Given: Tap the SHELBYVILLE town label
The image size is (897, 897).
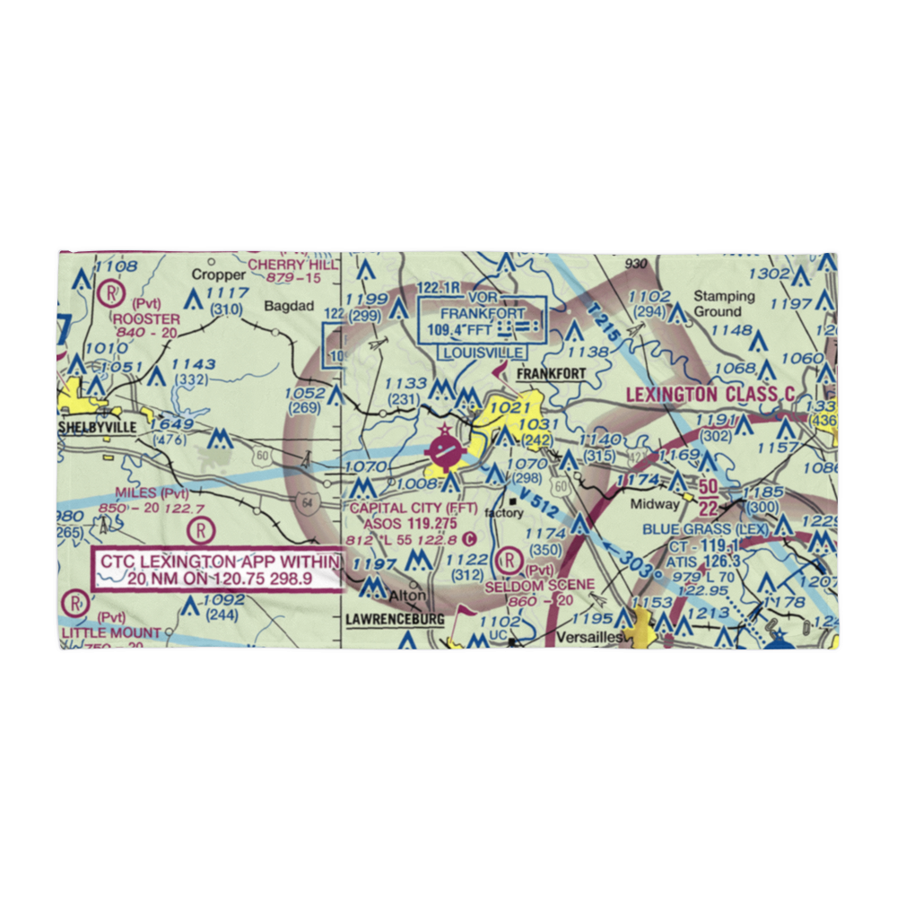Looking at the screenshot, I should coord(98,427).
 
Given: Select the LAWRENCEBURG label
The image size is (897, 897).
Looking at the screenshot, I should coord(395,620).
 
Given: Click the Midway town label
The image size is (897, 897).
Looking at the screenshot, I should coord(655,504).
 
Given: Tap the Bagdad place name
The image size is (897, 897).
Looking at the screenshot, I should coord(289,306).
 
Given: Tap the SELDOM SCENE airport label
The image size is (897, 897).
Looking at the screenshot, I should coord(539,585).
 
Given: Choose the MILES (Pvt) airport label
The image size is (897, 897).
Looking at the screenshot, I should coord(152,493).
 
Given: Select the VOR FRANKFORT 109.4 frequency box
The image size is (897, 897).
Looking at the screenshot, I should coord(483,321).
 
